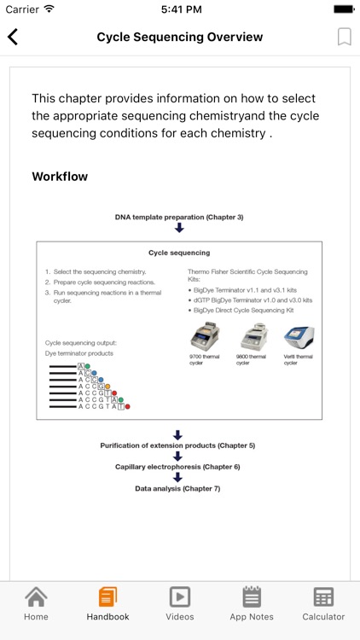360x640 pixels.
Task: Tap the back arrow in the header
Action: coord(13,37)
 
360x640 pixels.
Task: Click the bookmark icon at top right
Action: coord(344,37)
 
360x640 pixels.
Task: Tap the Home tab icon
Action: coord(36,596)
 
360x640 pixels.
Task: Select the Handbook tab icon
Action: coord(107,596)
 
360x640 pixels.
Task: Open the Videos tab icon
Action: coord(179,596)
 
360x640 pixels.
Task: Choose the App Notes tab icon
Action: coord(251,596)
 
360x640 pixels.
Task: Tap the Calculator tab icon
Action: coord(323,596)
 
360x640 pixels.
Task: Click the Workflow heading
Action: coord(60,177)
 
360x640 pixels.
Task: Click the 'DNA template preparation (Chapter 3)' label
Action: coord(179,217)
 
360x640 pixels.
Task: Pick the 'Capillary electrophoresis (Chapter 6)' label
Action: coord(178,467)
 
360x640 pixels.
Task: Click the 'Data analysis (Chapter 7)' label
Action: coord(177,488)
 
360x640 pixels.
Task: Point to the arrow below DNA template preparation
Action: coord(179,228)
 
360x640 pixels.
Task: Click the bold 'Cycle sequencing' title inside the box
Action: coord(179,253)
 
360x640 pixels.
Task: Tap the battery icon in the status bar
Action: coord(342,9)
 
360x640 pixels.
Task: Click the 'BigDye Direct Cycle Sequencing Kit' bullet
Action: coord(244,310)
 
